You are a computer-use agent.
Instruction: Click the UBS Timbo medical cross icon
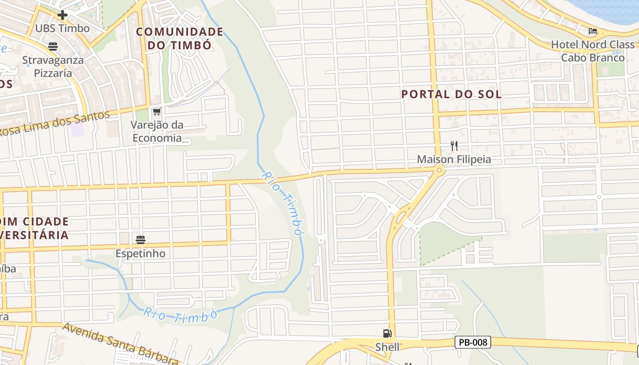tap(63, 15)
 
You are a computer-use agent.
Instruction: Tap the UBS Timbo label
tap(63, 28)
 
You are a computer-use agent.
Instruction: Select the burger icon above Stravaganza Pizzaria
tap(53, 46)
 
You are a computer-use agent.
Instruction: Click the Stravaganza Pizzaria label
tap(53, 67)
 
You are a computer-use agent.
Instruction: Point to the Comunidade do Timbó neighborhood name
tap(179, 38)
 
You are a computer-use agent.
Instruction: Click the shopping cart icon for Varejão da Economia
tap(157, 111)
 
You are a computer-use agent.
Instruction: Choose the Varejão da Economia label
tap(157, 131)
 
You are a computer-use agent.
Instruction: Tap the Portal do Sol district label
tap(451, 94)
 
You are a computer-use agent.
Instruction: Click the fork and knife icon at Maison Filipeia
tap(454, 146)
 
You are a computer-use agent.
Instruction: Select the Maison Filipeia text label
tap(454, 159)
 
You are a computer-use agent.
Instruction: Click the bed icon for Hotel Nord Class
tap(593, 31)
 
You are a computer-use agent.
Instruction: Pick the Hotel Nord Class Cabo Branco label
tap(593, 51)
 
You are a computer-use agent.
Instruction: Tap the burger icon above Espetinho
tap(141, 240)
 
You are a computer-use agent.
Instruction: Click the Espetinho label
tap(141, 253)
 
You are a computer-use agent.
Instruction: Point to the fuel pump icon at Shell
tap(387, 334)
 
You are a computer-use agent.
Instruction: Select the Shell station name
tap(387, 347)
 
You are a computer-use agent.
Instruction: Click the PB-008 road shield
tap(472, 342)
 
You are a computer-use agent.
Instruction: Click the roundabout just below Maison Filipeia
tap(439, 171)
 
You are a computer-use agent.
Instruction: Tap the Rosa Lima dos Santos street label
tap(55, 124)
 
